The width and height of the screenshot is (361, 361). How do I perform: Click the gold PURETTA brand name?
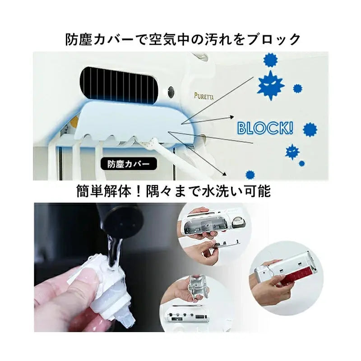coord(204,96)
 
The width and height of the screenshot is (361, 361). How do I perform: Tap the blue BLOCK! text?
coord(265,128)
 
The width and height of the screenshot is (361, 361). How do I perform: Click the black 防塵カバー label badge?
coord(129,164)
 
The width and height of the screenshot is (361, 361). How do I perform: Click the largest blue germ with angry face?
coord(270,84)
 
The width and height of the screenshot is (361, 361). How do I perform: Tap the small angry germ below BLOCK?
coord(292,152)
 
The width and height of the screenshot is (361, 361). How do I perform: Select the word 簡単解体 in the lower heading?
coord(104,191)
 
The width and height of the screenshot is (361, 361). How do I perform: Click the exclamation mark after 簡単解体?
coord(139,191)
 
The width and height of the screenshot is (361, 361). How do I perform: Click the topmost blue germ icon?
coord(270,60)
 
